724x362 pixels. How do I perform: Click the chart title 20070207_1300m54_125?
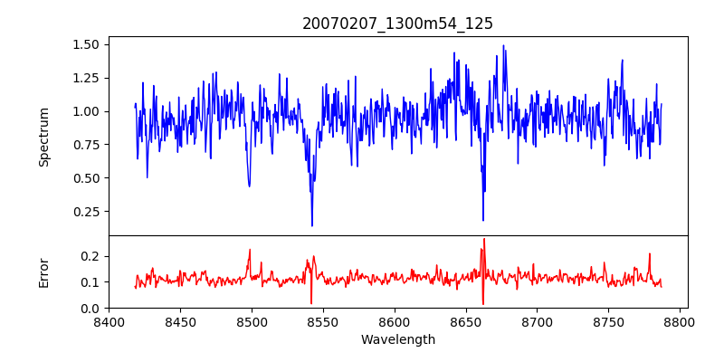(x=397, y=24)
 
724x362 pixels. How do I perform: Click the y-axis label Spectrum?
(x=44, y=137)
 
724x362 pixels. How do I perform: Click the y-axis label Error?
(x=44, y=272)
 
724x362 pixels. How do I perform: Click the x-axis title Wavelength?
(x=397, y=340)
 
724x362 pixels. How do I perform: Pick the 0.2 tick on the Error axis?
(x=90, y=256)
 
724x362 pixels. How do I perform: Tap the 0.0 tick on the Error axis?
(x=90, y=308)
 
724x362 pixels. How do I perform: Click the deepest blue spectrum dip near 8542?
(x=312, y=225)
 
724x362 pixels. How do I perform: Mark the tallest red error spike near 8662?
(x=484, y=239)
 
